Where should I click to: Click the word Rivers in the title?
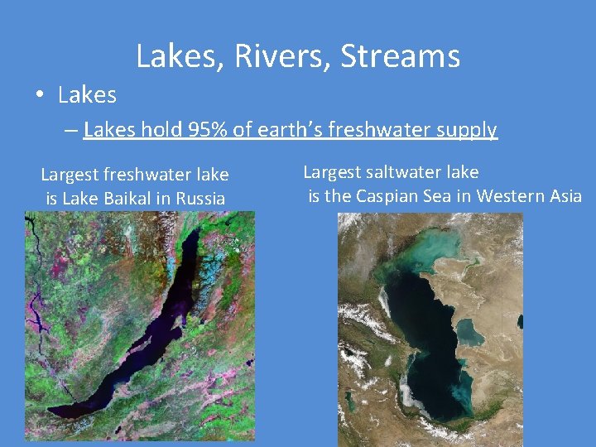[281, 56]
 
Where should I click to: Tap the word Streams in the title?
[400, 56]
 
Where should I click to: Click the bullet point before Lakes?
[40, 96]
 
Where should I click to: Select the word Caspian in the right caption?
[385, 196]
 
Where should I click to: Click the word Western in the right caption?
[505, 196]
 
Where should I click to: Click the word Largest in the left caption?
[72, 175]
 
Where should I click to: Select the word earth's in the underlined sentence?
[306, 130]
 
